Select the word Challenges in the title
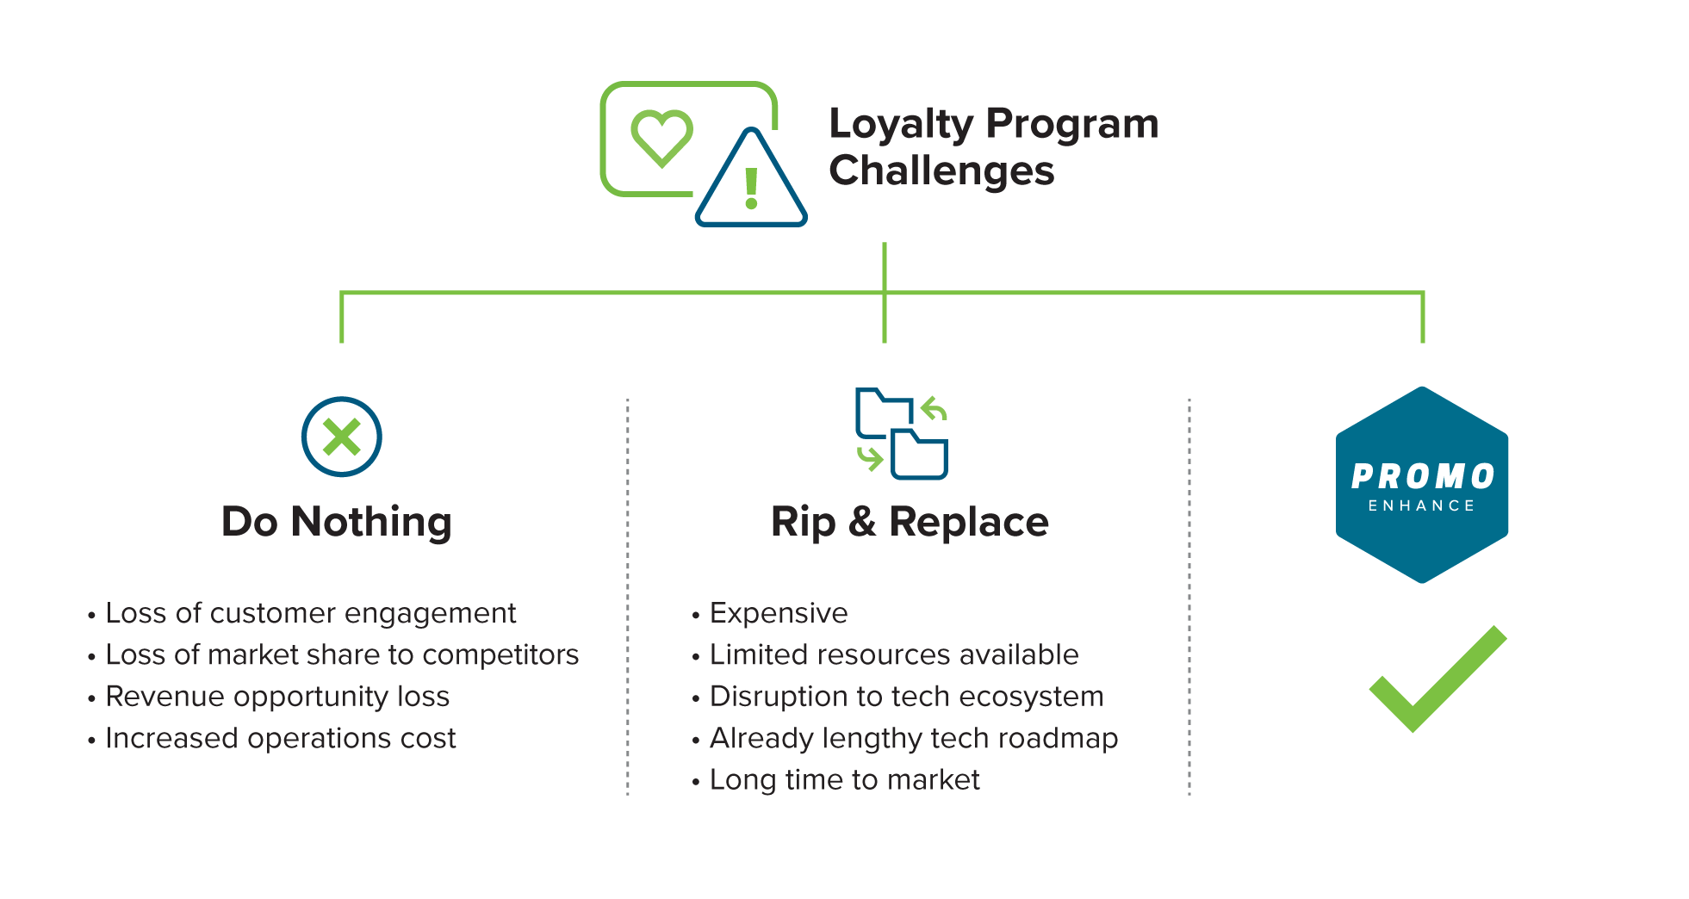[x=941, y=170]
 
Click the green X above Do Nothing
[x=342, y=437]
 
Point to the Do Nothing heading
[x=337, y=522]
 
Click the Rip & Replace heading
[x=910, y=522]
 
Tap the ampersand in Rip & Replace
[x=862, y=522]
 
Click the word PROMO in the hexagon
[x=1422, y=477]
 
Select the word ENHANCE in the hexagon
[x=1422, y=505]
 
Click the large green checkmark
[x=1437, y=680]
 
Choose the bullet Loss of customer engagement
[x=310, y=613]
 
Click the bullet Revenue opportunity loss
[x=277, y=697]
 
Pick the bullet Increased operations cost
[x=280, y=738]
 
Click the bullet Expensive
[x=779, y=613]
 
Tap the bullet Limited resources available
[x=894, y=654]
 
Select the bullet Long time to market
[x=844, y=779]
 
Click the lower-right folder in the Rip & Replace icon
[x=920, y=455]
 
